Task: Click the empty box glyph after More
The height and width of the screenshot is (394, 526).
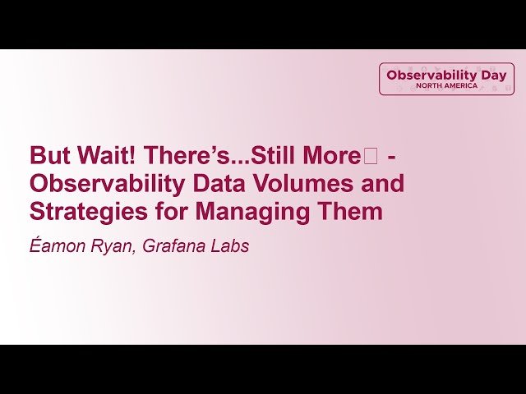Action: pyautogui.click(x=370, y=155)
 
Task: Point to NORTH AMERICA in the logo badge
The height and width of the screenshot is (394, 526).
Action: pyautogui.click(x=446, y=85)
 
